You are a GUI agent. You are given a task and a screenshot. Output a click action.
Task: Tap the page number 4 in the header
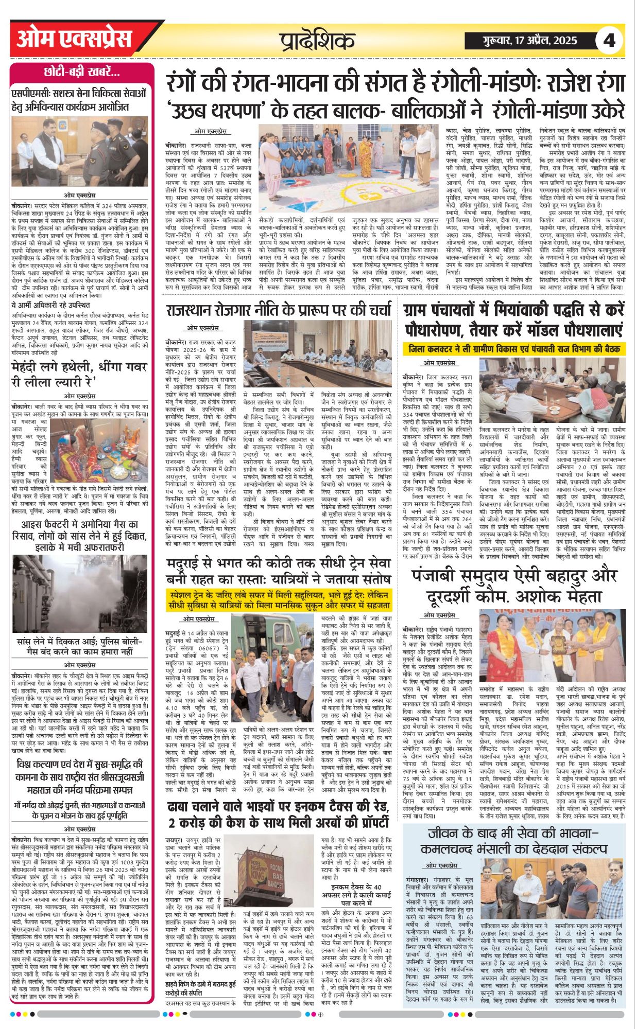coord(609,40)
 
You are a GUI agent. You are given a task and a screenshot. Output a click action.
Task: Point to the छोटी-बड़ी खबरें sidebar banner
coord(82,72)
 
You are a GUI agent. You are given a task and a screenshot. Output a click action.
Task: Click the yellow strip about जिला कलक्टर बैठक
coord(514,349)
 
